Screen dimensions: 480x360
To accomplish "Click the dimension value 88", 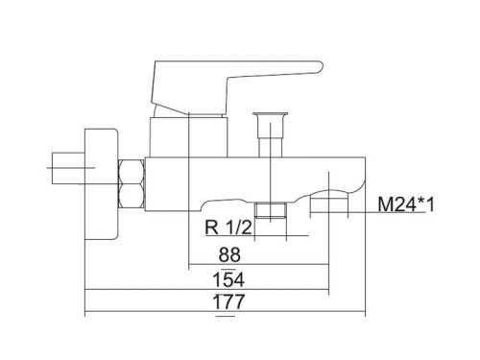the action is tap(229, 254).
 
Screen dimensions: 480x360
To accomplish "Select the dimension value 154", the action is tap(228, 279).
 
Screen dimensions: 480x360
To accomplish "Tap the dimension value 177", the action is tap(228, 301).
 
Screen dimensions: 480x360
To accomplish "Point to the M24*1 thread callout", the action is tap(406, 204).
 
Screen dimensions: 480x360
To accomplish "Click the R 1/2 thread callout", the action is tap(228, 228).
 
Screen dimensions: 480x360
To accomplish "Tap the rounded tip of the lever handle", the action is tap(320, 66).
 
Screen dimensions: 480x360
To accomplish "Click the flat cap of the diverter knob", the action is tap(270, 114).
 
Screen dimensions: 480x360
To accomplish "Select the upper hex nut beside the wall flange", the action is tap(132, 172).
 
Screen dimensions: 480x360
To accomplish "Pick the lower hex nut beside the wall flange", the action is tap(132, 196).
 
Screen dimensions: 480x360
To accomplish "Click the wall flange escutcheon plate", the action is tap(101, 184).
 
